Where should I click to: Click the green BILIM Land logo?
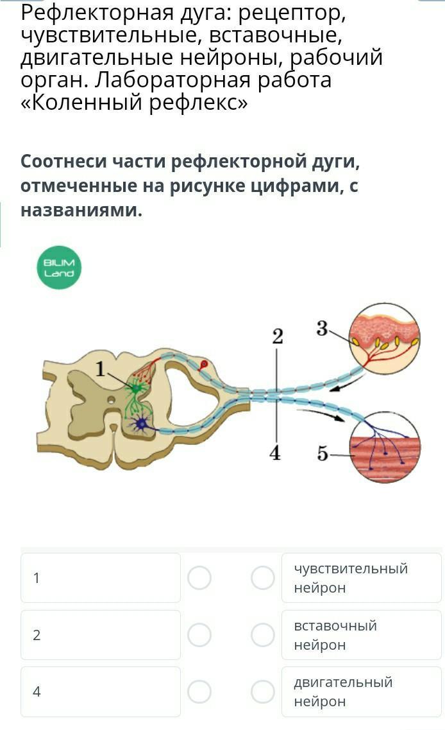(x=59, y=268)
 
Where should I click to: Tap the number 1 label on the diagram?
(x=100, y=369)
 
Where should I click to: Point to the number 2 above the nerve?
(x=277, y=336)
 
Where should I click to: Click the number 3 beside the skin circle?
(x=323, y=329)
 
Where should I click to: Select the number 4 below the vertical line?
(x=275, y=453)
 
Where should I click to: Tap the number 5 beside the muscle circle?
(x=323, y=453)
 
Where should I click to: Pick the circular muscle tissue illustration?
(x=385, y=447)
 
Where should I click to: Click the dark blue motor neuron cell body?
(x=141, y=424)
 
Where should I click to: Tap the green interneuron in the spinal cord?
(x=136, y=388)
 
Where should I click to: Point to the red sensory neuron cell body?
(x=204, y=364)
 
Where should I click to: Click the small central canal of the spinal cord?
(x=111, y=400)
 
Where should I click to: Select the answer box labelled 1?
(x=101, y=578)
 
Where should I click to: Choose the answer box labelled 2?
(x=101, y=635)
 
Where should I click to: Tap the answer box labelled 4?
(x=101, y=692)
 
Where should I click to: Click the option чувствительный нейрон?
(x=361, y=578)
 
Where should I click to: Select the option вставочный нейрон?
(x=361, y=635)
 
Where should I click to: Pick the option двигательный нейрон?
(x=361, y=692)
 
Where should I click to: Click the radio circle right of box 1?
(x=199, y=578)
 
